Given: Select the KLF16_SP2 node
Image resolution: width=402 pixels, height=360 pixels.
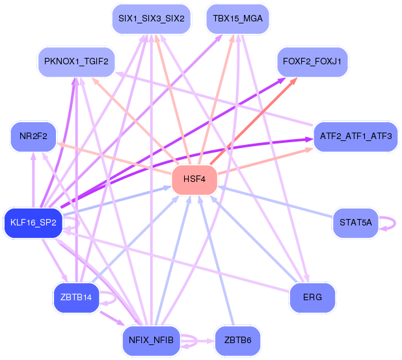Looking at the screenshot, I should tap(33, 223).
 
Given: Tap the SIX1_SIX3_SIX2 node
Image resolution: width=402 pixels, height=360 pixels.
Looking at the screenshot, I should tap(151, 19).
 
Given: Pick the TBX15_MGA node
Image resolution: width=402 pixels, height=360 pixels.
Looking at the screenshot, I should tap(237, 19).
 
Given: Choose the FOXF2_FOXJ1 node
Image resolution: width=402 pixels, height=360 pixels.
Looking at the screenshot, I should tap(313, 62).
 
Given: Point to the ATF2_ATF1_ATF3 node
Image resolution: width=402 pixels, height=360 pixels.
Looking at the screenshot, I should tap(356, 136).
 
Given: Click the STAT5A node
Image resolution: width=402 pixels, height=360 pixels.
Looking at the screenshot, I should tap(355, 223).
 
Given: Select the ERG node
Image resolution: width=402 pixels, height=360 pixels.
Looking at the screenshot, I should tap(312, 298).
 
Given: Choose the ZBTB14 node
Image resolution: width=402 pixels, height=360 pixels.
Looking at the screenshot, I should tap(76, 298).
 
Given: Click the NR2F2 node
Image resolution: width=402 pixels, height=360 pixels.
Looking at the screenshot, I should tap(33, 136).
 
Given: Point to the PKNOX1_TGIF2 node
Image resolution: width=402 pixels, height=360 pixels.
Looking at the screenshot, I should tap(76, 62).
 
